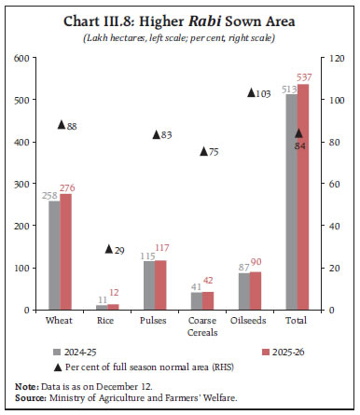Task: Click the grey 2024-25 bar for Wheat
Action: pyautogui.click(x=54, y=255)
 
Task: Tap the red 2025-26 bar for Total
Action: pyautogui.click(x=302, y=197)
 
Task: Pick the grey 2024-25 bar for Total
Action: pyautogui.click(x=290, y=201)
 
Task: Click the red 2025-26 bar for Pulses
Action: pyautogui.click(x=160, y=284)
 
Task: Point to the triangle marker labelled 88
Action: pyautogui.click(x=61, y=125)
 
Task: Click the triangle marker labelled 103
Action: pyautogui.click(x=250, y=92)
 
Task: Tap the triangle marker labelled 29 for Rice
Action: pyautogui.click(x=108, y=248)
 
